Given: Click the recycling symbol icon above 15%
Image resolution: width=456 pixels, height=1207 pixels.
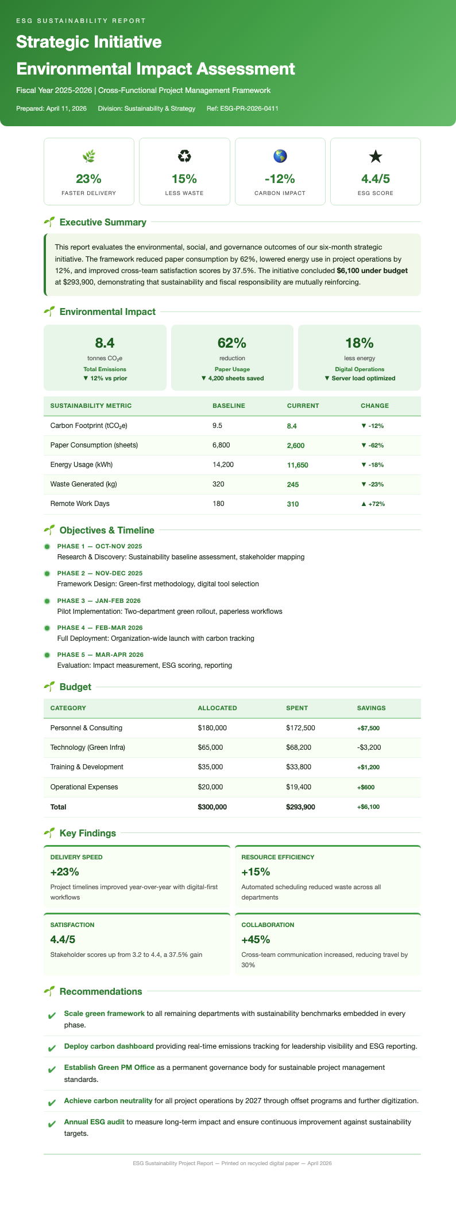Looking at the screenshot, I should (x=184, y=156).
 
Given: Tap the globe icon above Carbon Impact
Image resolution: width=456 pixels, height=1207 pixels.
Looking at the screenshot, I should (x=280, y=156).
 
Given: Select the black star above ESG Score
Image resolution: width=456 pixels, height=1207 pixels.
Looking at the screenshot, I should (x=376, y=156).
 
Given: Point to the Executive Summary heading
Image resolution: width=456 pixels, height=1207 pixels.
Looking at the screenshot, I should (x=103, y=222).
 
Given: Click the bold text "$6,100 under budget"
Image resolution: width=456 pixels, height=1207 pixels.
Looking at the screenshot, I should (x=372, y=270).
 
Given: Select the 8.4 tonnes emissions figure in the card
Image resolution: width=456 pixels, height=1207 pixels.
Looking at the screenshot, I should (x=105, y=343).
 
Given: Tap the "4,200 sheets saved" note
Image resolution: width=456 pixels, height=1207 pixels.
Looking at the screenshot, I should (x=232, y=378).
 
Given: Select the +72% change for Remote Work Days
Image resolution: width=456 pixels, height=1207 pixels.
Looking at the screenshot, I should (x=372, y=504).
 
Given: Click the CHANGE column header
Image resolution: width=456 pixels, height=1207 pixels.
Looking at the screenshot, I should (x=374, y=406).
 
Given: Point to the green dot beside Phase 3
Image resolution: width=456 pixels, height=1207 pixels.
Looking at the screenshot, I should (x=48, y=601).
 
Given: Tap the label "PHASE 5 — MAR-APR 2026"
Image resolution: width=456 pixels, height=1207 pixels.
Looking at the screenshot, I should (x=101, y=655).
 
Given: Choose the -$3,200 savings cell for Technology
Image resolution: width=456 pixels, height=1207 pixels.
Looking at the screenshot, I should (x=369, y=747).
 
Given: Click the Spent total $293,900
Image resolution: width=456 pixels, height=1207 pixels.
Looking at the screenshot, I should (x=300, y=807).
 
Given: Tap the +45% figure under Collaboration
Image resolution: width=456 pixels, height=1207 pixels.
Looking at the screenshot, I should (x=256, y=940).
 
